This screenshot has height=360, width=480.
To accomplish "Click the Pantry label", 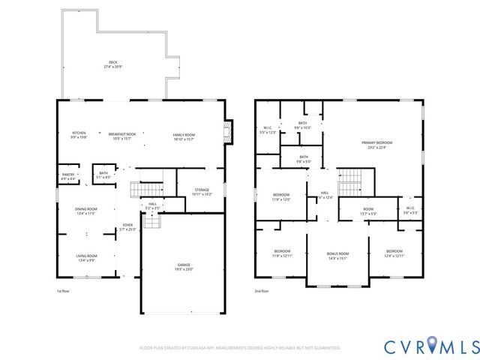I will click(68, 176).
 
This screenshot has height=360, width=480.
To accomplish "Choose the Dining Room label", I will click(85, 211).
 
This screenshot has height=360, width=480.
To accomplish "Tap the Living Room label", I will click(86, 258).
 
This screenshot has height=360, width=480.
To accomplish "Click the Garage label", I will click(184, 266).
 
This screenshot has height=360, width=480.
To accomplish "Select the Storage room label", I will click(202, 191).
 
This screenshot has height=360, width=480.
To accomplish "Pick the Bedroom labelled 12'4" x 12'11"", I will click(394, 253).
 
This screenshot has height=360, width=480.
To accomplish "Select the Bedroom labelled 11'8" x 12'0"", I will click(282, 198).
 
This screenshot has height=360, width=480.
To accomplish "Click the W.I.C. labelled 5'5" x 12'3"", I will click(268, 130).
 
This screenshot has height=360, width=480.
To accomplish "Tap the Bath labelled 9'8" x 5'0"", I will click(302, 159).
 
